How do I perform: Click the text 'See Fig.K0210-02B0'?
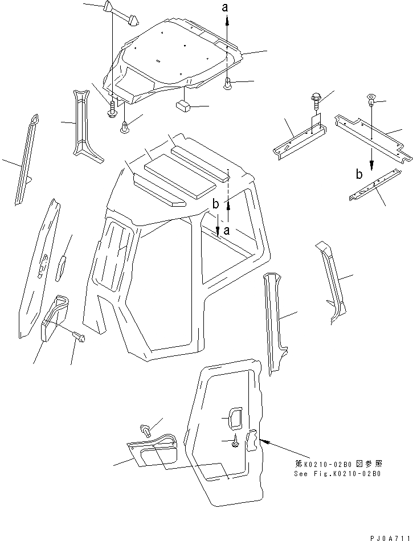coord(337,473)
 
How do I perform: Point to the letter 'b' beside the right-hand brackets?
coord(359,175)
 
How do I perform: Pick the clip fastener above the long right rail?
coord(371,102)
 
